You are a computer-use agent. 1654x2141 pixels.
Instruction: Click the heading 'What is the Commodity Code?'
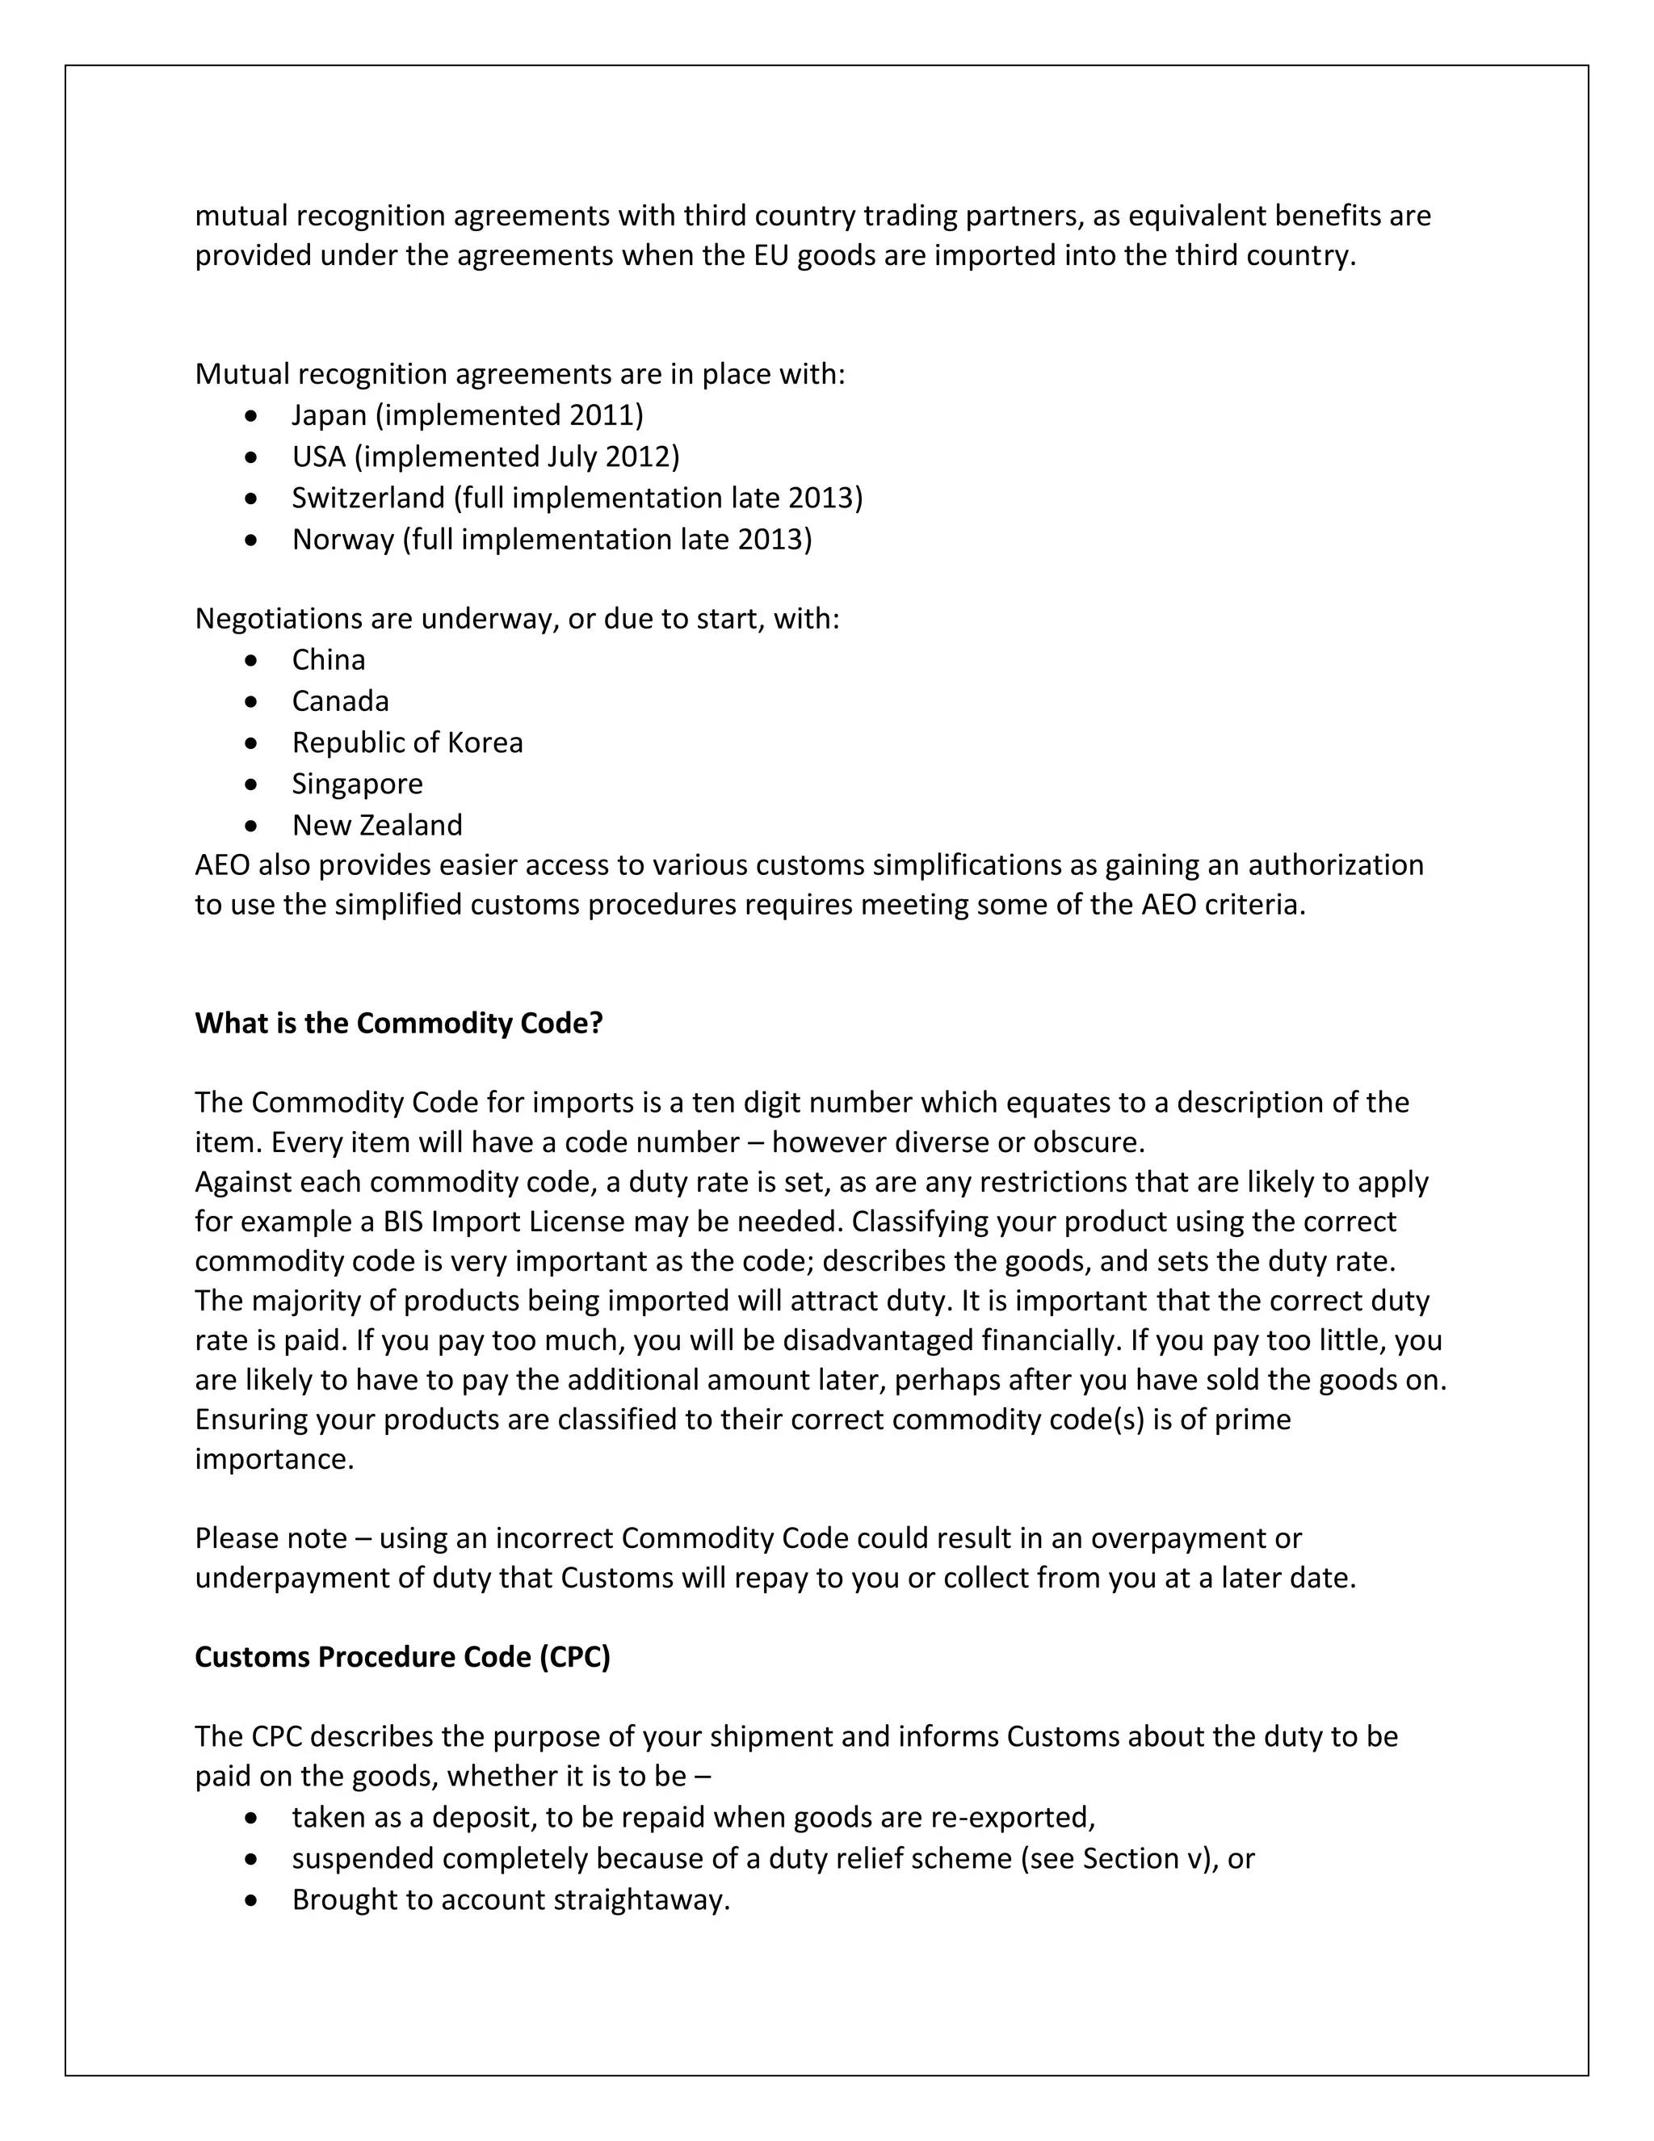tap(399, 1024)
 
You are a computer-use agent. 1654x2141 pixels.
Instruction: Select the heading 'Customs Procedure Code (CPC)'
tap(403, 1657)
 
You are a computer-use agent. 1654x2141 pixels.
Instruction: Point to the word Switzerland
tap(367, 498)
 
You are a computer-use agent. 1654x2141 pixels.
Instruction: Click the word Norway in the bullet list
tap(342, 539)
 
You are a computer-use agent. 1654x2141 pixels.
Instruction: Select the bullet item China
tap(328, 660)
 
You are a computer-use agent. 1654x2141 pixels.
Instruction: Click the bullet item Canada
tap(340, 701)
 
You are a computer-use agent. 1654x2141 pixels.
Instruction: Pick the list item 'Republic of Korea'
tap(407, 742)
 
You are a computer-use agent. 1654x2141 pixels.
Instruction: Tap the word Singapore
tap(357, 783)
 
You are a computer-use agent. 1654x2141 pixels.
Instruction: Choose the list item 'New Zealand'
tap(376, 824)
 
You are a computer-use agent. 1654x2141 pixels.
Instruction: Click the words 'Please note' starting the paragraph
tap(271, 1538)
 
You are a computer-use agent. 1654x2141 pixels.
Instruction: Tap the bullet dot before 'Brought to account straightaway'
tap(253, 1901)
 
